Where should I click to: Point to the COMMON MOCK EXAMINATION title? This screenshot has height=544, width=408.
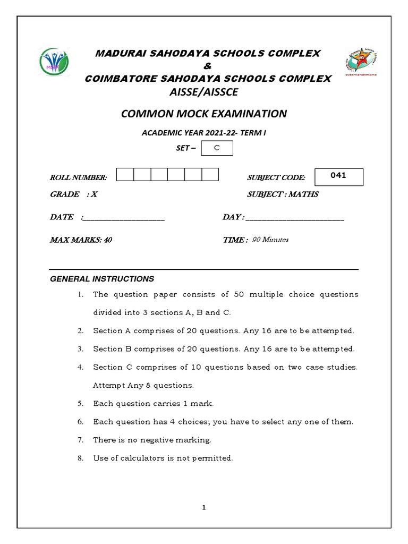click(x=204, y=114)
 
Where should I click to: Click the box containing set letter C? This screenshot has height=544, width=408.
click(x=217, y=149)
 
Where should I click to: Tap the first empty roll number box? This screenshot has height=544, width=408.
click(x=125, y=175)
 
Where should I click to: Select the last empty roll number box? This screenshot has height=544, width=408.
click(x=210, y=175)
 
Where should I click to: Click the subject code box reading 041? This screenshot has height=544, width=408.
click(x=338, y=176)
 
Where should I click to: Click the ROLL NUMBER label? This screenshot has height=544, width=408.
click(x=78, y=177)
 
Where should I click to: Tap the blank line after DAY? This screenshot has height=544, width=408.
click(x=295, y=218)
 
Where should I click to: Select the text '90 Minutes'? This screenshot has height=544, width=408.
click(x=270, y=240)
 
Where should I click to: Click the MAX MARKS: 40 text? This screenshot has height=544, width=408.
click(x=81, y=240)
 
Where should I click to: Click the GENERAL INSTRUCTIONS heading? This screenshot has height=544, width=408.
click(x=102, y=279)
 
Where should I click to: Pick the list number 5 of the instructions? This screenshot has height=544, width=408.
click(x=80, y=404)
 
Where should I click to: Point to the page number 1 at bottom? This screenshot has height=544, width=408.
click(x=203, y=507)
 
